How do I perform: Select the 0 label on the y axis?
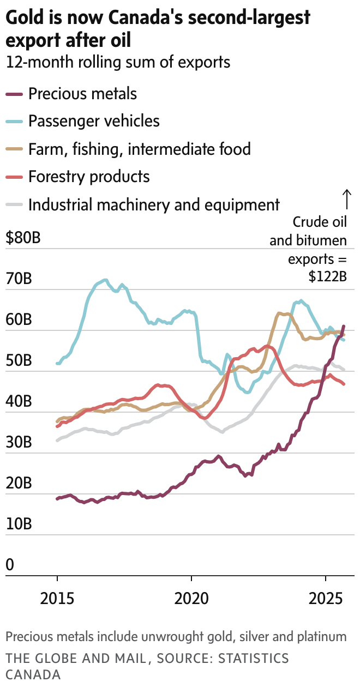click(10, 565)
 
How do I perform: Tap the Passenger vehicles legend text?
click(94, 120)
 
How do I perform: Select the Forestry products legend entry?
click(89, 177)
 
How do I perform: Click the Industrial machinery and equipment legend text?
click(154, 205)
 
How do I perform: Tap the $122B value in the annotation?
click(328, 276)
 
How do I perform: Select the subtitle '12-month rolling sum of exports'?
click(118, 62)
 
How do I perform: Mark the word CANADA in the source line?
click(33, 674)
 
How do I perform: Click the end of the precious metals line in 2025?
click(344, 326)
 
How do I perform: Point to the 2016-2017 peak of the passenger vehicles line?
click(105, 280)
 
